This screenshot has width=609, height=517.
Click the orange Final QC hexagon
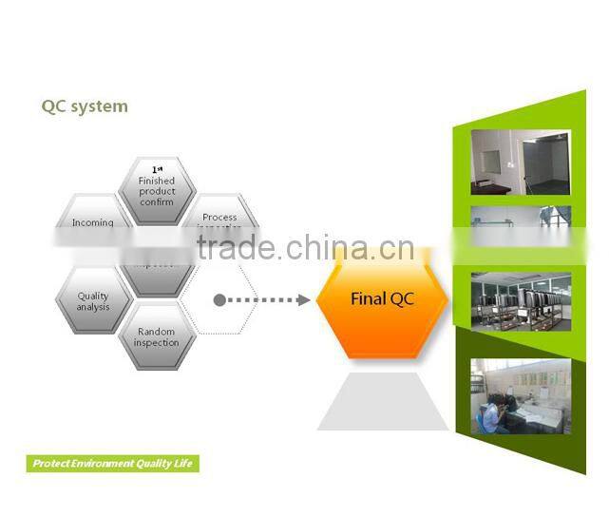[382, 298]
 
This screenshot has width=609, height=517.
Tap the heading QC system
[84, 105]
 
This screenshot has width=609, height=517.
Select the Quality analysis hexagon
[93, 301]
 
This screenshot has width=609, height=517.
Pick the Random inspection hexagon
[156, 337]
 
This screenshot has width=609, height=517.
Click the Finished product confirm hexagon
[157, 191]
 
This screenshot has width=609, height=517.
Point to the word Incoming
[92, 223]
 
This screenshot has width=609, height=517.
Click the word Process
[219, 218]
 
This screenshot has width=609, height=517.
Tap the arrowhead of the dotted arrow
[304, 300]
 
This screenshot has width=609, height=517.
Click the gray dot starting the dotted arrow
[219, 300]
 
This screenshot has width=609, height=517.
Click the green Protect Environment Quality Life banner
[112, 464]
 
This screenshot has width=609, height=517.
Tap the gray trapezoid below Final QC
[382, 401]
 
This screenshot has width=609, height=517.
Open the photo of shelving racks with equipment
[520, 300]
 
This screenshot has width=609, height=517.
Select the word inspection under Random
[156, 343]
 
